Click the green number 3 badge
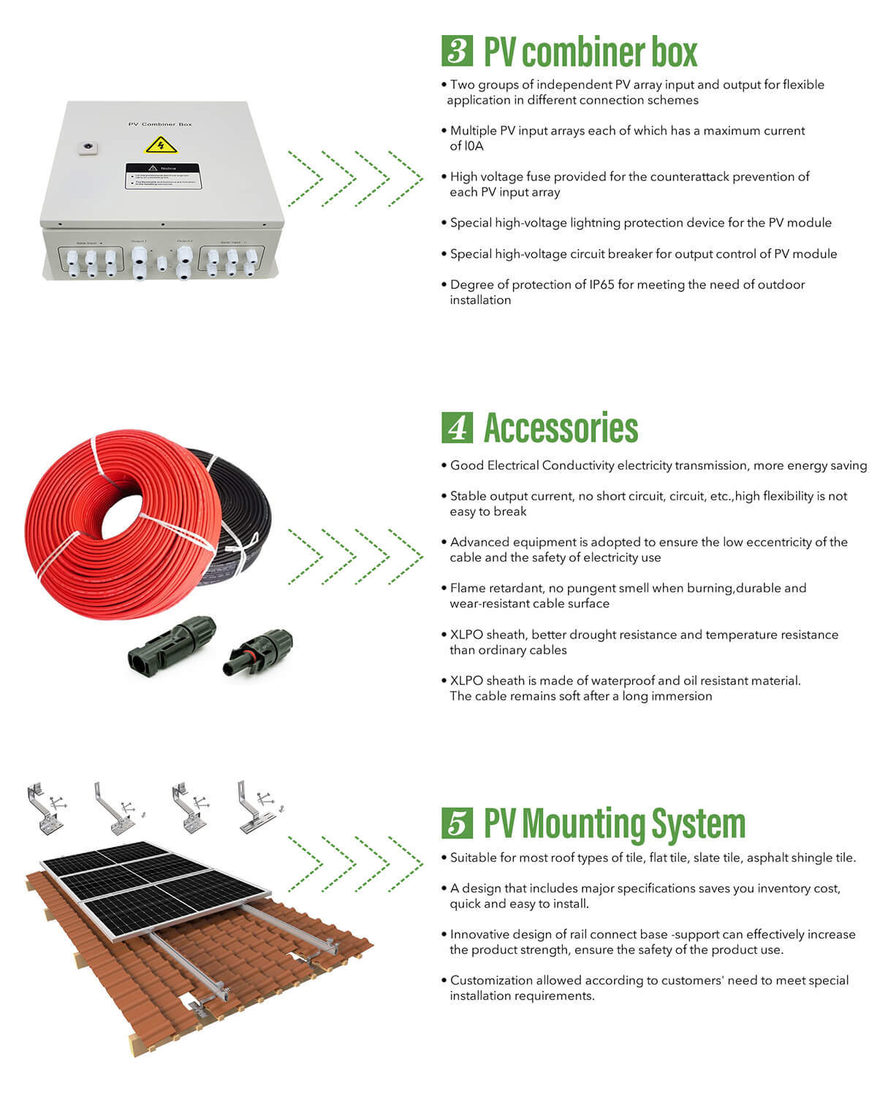(458, 51)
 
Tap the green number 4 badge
(458, 428)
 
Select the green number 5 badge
(458, 823)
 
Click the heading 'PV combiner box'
(591, 52)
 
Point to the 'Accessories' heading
(561, 429)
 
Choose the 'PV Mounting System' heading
(615, 824)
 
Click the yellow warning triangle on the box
(161, 145)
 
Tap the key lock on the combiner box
(88, 148)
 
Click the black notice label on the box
(162, 176)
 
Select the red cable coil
(117, 526)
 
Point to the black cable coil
(241, 511)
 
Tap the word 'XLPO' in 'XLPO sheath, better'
(466, 635)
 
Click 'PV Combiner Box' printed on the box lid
(160, 124)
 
